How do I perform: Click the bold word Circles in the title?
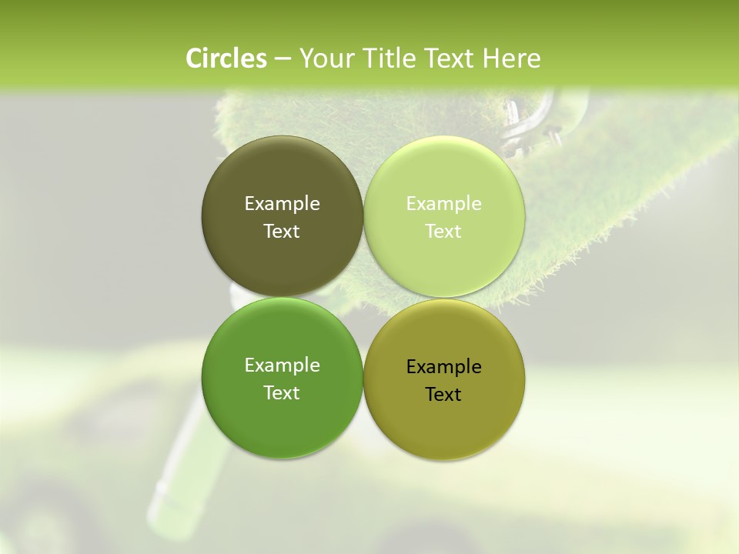226,58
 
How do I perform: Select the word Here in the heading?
512,58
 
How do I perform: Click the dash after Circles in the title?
283,59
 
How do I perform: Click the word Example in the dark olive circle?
282,203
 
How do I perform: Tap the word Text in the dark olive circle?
282,231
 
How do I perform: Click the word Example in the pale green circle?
443,203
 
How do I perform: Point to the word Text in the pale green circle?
443,231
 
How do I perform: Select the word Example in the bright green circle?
282,365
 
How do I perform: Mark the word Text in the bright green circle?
282,392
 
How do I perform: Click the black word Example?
443,366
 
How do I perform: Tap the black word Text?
443,394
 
